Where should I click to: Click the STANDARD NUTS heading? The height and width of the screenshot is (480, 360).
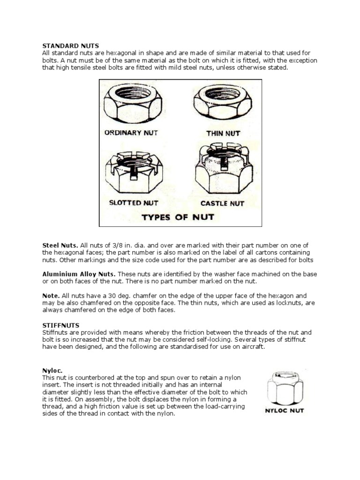(70, 45)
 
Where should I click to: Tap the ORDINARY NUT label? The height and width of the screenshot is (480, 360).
(131, 133)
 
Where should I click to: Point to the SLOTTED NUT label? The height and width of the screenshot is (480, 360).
(134, 203)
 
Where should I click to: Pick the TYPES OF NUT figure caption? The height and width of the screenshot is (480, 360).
(178, 217)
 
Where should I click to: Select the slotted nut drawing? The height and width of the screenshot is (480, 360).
(132, 173)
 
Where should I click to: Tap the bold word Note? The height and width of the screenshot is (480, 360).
(51, 296)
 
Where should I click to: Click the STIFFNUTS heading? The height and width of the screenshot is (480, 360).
(61, 324)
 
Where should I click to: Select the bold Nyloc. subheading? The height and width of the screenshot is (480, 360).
(52, 370)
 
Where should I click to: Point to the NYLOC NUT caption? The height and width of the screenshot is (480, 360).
(284, 411)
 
